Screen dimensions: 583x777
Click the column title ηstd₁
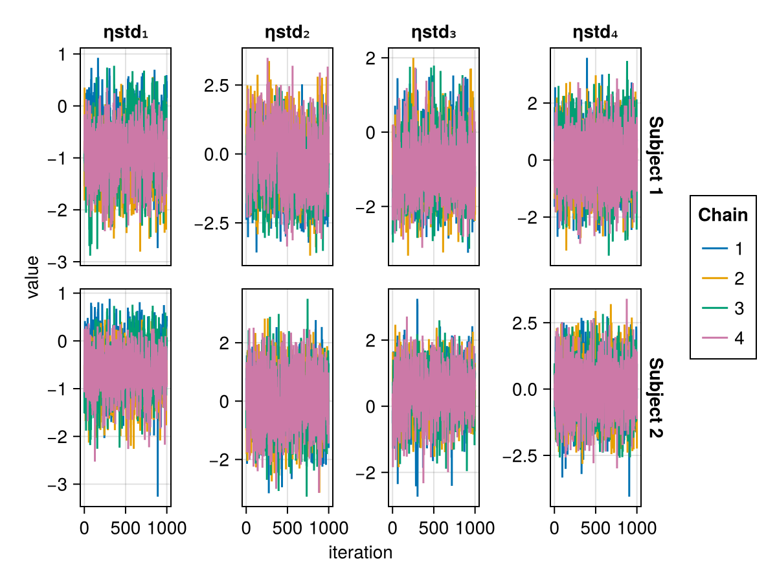coord(126,32)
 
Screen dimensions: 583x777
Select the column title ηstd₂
coord(287,32)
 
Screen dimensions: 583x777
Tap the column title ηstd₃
coord(433,32)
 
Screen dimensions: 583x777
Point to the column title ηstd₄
coord(596,32)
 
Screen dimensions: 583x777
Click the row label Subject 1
coord(655,157)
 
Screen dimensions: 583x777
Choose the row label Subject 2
coord(655,397)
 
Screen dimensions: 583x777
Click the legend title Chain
coord(723,215)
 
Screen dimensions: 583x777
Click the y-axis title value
coord(33,277)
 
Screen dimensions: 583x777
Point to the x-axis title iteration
coord(360,553)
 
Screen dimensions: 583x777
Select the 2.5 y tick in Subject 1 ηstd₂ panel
coord(218,85)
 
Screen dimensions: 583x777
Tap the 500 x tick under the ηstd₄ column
coord(596,528)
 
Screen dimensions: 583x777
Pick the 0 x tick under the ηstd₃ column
coord(392,528)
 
